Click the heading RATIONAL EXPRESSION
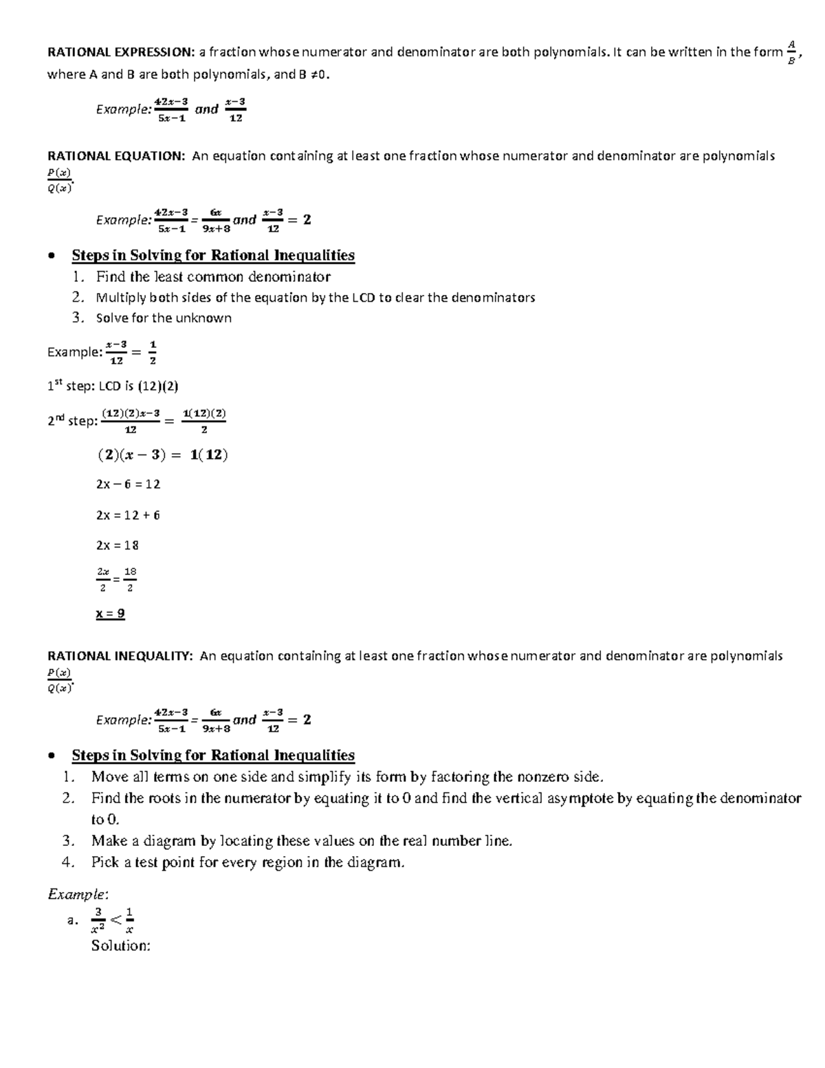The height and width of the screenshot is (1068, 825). coord(120,52)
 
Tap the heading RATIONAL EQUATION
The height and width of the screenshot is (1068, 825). coord(115,156)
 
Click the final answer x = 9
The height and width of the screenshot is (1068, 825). coord(110,613)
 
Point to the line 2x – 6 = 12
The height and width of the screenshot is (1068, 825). coord(128,484)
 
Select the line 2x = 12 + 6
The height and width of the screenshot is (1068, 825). coord(128,515)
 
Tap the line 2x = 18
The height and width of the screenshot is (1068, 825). coord(118,545)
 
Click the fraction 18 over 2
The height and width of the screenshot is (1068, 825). coord(130,579)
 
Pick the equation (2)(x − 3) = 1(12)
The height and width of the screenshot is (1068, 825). coord(162,455)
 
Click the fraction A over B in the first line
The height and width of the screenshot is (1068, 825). coord(791,52)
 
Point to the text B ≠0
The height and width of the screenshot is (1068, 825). coord(313,74)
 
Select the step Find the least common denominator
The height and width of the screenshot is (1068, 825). coord(213,276)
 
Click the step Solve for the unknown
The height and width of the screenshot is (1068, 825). coord(164,318)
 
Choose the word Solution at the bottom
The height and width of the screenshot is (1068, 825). coord(120,946)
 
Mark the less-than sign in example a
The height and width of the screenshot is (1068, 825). coord(115,919)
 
